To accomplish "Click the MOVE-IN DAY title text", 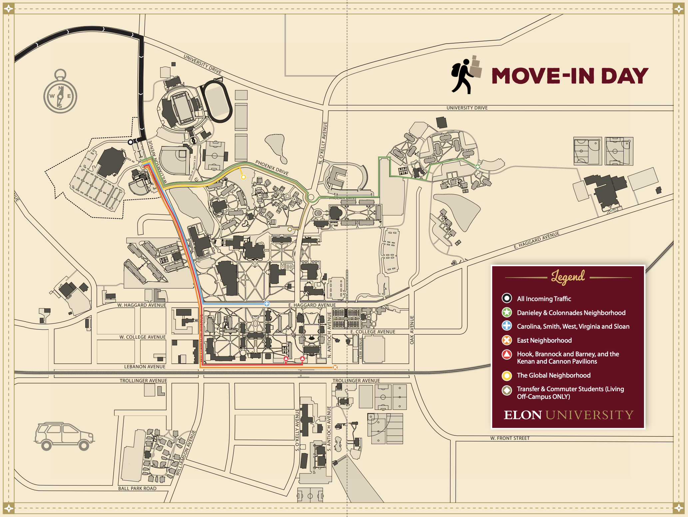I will tap(569, 76).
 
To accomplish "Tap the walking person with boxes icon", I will tap(466, 75).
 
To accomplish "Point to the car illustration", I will tap(64, 436).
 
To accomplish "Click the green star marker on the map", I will tap(478, 167).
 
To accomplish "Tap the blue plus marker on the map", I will tap(267, 304).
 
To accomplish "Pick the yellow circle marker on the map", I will tap(243, 177).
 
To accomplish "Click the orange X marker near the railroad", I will tap(335, 367).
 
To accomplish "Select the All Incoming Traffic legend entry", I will tap(543, 299).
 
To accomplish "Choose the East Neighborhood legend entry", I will tap(544, 340).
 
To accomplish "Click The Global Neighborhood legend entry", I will tap(553, 375).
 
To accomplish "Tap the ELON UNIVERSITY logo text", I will tap(568, 415).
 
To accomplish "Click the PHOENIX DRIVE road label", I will tap(272, 167).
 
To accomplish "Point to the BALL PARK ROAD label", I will tap(137, 488).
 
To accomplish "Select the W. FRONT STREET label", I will tap(510, 438).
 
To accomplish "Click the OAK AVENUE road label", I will tap(412, 330).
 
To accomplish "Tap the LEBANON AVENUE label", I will tap(145, 367).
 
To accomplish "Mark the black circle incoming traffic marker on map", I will tap(131, 142).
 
